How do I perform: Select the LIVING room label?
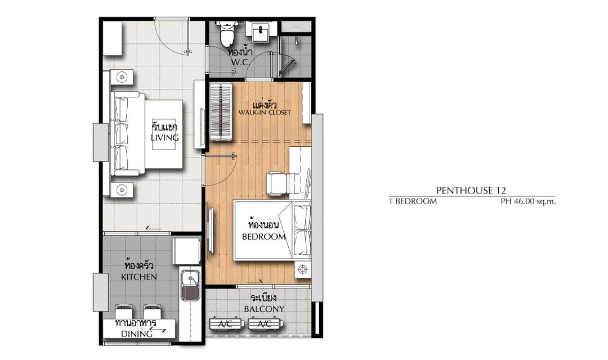(165, 138)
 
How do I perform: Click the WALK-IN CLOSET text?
(265, 112)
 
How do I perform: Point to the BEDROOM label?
(264, 236)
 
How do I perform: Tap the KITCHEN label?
(139, 277)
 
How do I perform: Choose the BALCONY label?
(264, 309)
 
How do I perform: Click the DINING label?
(137, 334)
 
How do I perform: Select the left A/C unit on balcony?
(226, 324)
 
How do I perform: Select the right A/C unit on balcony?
(265, 324)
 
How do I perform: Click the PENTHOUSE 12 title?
(471, 190)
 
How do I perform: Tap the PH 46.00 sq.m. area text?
(528, 201)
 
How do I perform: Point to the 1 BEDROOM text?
(413, 201)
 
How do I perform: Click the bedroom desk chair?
(277, 183)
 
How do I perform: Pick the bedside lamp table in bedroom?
(302, 269)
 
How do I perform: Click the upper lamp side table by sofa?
(122, 77)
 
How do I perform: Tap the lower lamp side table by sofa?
(122, 190)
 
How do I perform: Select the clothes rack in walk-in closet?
(221, 111)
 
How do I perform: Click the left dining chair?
(124, 312)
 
